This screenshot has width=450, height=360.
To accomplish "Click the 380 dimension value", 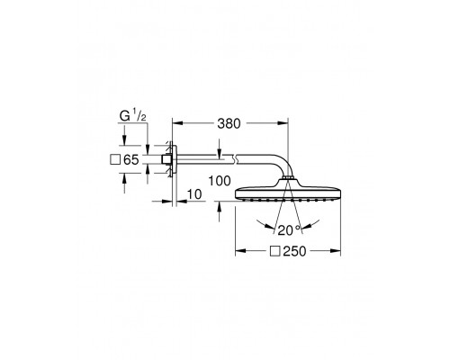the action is tap(229, 123).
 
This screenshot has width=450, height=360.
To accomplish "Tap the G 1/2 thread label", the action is tap(133, 116).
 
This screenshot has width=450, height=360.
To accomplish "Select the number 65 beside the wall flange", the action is tap(131, 160).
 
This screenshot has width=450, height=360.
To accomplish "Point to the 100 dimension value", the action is tap(220, 181).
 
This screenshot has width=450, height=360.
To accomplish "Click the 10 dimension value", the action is tap(194, 194).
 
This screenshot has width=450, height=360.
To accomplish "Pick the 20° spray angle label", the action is tap(289, 230).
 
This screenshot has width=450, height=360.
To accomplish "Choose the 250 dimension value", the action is tap(294, 251).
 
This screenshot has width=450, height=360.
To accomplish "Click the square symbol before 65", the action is tap(115, 159).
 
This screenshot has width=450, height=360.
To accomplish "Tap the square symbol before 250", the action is tap(274, 251).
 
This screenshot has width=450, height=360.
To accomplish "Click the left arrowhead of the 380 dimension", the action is tap(177, 122).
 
